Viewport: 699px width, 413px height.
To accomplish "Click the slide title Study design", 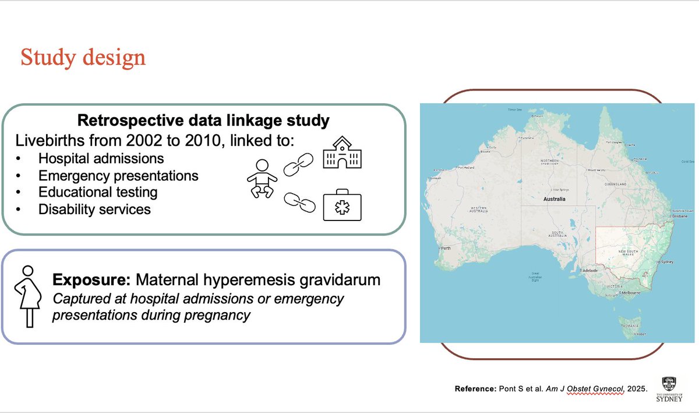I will click(x=83, y=58).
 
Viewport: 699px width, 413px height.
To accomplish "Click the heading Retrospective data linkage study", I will click(x=203, y=121).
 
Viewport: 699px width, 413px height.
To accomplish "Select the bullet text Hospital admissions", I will click(x=101, y=158).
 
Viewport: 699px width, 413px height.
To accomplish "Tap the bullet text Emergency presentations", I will click(x=118, y=175).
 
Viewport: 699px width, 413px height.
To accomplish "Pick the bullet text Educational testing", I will click(x=98, y=192).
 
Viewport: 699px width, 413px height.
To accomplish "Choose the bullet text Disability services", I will click(x=94, y=209).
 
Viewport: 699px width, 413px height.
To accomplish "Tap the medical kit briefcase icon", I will click(x=341, y=207).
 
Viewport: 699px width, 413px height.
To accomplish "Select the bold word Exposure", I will click(x=91, y=280).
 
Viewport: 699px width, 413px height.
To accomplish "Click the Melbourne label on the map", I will click(x=634, y=292).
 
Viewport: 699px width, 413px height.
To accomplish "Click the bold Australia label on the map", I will click(x=555, y=199).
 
